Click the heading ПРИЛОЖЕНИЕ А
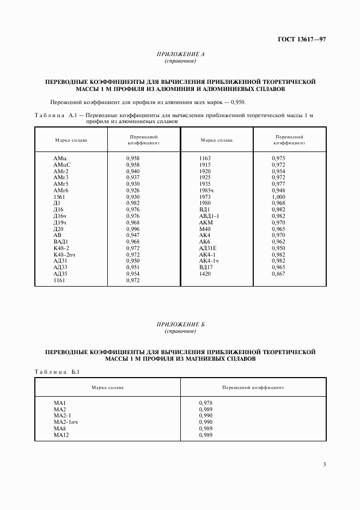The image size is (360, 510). pyautogui.click(x=180, y=54)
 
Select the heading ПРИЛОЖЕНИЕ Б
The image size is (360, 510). pyautogui.click(x=180, y=325)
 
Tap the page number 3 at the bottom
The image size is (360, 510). pyautogui.click(x=324, y=464)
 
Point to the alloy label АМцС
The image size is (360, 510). pyautogui.click(x=62, y=165)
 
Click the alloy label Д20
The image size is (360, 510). pyautogui.click(x=59, y=229)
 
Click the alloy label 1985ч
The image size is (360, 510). pyautogui.click(x=208, y=190)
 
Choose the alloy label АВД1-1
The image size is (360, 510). pyautogui.click(x=209, y=216)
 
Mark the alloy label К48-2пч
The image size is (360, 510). pyautogui.click(x=66, y=254)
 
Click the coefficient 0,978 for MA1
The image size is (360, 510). pyautogui.click(x=206, y=403)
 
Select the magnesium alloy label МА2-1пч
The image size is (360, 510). pyautogui.click(x=66, y=422)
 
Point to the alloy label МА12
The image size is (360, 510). pyautogui.click(x=60, y=435)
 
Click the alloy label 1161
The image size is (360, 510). pyautogui.click(x=59, y=281)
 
